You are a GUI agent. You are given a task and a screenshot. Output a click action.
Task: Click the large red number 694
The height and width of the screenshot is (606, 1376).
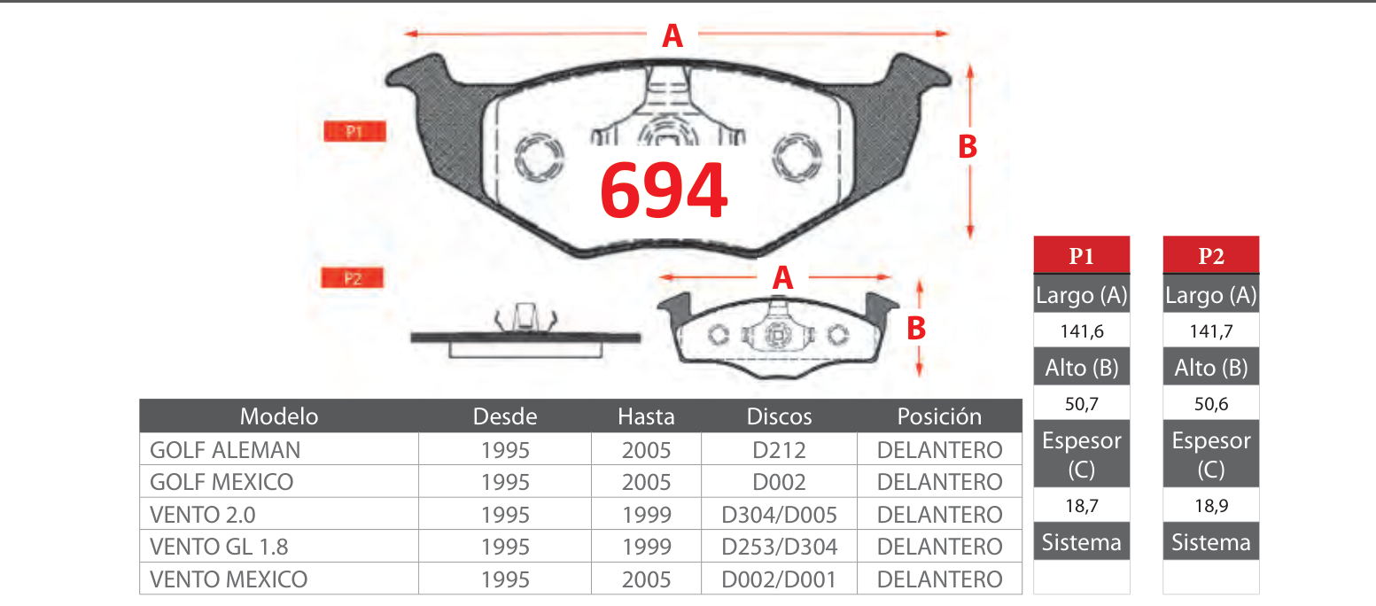(x=664, y=190)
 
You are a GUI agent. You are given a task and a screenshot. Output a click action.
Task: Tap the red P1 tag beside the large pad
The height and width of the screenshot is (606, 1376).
(x=354, y=131)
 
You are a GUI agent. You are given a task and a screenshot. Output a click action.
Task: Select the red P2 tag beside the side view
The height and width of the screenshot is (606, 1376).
(x=352, y=278)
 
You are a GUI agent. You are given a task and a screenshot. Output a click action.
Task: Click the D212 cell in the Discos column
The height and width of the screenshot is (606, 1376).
(x=779, y=450)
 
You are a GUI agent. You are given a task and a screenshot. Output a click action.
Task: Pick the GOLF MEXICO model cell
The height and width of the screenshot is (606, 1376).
(x=222, y=482)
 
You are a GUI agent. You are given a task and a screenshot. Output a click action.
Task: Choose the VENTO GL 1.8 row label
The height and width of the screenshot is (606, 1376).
(x=219, y=547)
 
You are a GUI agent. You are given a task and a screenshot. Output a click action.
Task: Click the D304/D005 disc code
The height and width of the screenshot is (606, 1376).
(x=779, y=515)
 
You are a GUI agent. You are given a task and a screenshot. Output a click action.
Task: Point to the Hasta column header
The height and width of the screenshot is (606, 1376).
(x=646, y=416)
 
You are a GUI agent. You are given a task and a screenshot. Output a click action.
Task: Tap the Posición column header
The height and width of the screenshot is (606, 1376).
(x=939, y=416)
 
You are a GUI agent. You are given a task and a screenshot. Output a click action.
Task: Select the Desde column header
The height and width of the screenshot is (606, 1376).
(x=505, y=416)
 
